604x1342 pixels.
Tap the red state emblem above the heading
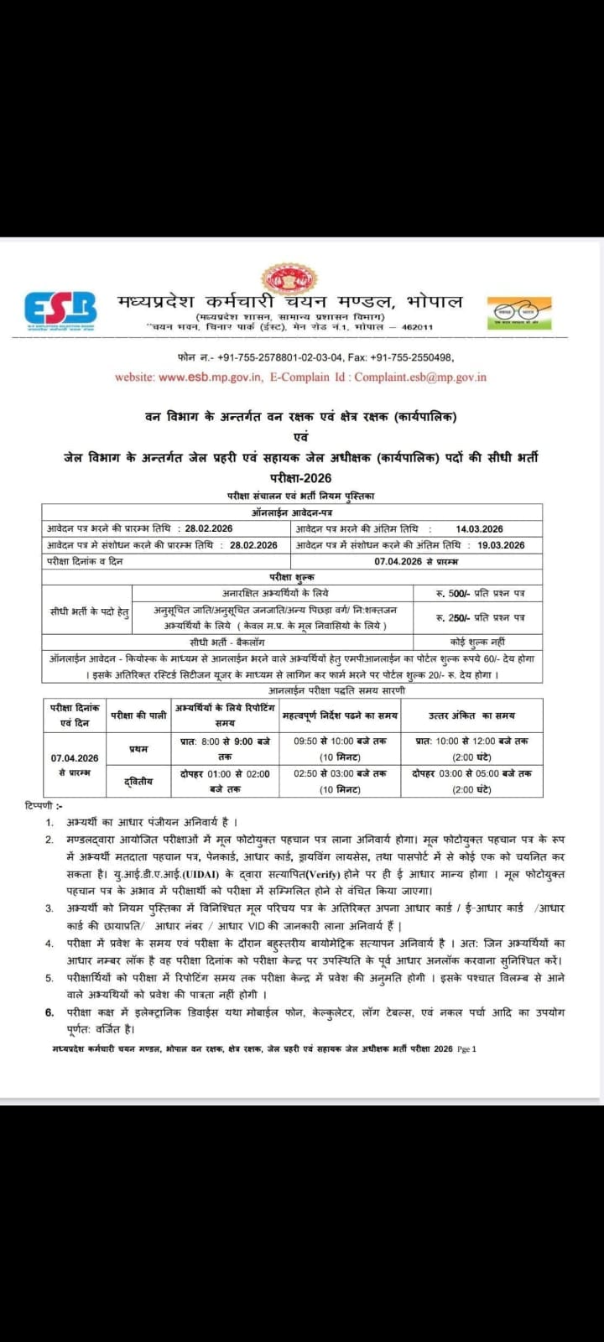(285, 280)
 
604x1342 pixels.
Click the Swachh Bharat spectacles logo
(519, 311)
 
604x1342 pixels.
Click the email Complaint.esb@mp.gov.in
(420, 377)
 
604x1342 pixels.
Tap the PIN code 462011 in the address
(418, 327)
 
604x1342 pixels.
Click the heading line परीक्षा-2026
(301, 477)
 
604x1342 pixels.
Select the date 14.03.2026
(479, 529)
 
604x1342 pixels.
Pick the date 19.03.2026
(501, 545)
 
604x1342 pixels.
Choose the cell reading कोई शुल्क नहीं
(479, 642)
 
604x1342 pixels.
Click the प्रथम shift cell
(138, 748)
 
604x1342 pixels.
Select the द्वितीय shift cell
(138, 782)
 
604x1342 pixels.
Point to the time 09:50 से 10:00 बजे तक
(340, 741)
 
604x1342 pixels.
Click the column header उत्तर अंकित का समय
(471, 715)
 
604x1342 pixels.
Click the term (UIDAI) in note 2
(195, 875)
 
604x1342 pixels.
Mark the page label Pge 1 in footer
(466, 1049)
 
